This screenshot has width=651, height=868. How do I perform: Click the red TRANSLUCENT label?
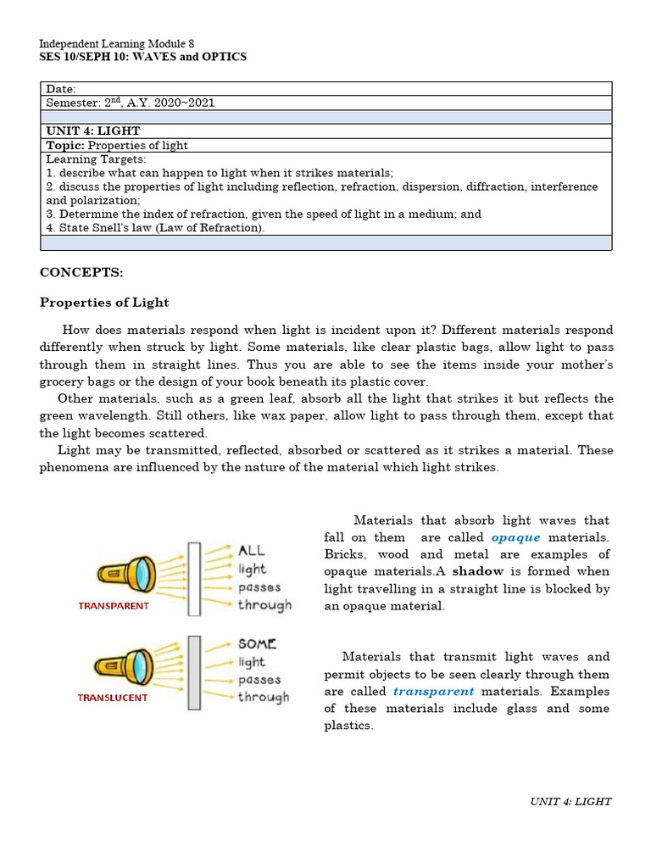[x=113, y=698]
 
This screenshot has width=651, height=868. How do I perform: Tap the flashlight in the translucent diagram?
[x=125, y=664]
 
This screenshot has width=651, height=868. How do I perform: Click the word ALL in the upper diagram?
[x=252, y=551]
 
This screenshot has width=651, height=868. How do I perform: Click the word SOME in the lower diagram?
[x=257, y=644]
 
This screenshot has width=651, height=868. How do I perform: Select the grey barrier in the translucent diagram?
[x=194, y=671]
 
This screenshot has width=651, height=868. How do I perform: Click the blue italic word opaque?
[x=515, y=537]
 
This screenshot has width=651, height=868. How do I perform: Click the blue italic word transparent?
[x=433, y=691]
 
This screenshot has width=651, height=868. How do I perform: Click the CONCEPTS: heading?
[x=81, y=272]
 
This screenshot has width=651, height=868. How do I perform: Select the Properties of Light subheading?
[x=104, y=303]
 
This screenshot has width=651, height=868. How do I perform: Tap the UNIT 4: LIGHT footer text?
[x=570, y=801]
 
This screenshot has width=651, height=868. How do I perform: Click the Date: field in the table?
[x=61, y=89]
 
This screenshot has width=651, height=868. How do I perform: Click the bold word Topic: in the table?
[x=66, y=146]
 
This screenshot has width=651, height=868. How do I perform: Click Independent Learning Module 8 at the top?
[x=117, y=43]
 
